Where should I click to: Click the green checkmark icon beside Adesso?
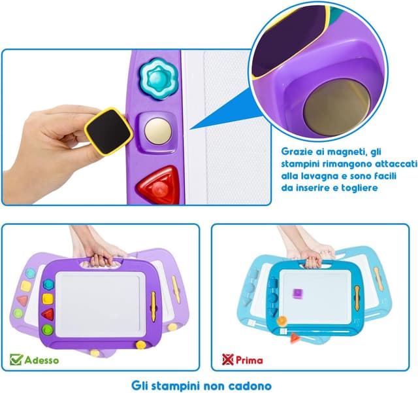(x=16, y=359)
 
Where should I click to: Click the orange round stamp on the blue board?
(x=283, y=320)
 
